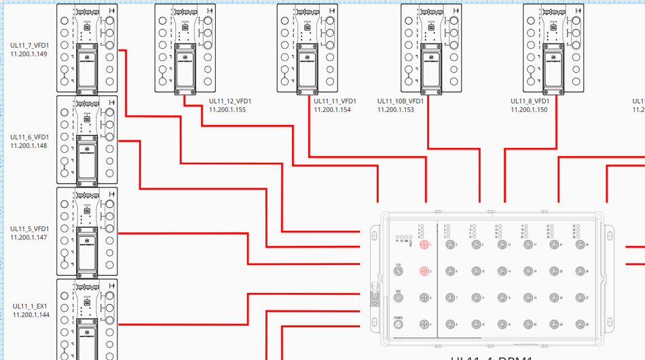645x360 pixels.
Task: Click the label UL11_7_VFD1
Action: coord(29,46)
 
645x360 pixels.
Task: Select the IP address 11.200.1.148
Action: coord(29,145)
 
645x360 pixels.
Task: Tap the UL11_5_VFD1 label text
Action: coord(29,228)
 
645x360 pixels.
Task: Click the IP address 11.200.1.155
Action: coord(227,109)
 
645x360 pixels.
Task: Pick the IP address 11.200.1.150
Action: coord(528,109)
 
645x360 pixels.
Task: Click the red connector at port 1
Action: coord(424,245)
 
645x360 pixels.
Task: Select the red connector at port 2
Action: coord(424,271)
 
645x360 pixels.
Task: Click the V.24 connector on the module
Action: coord(399,272)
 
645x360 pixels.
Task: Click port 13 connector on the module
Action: coord(500,245)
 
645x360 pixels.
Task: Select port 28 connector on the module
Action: coord(579,324)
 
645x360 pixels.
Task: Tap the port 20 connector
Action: coord(527,324)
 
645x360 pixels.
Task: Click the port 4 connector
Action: coord(424,324)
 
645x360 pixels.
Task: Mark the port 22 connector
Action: coord(553,271)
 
